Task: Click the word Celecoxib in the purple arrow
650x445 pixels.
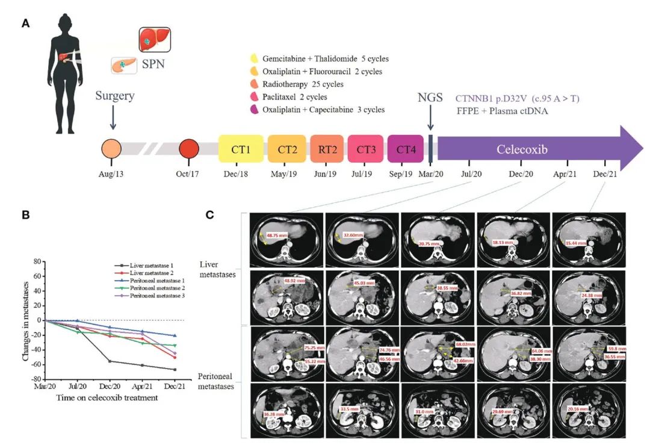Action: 522,149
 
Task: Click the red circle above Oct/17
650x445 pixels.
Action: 190,149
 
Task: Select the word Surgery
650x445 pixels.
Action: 114,96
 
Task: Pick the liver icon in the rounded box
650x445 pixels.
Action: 155,40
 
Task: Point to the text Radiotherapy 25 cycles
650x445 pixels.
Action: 304,84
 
